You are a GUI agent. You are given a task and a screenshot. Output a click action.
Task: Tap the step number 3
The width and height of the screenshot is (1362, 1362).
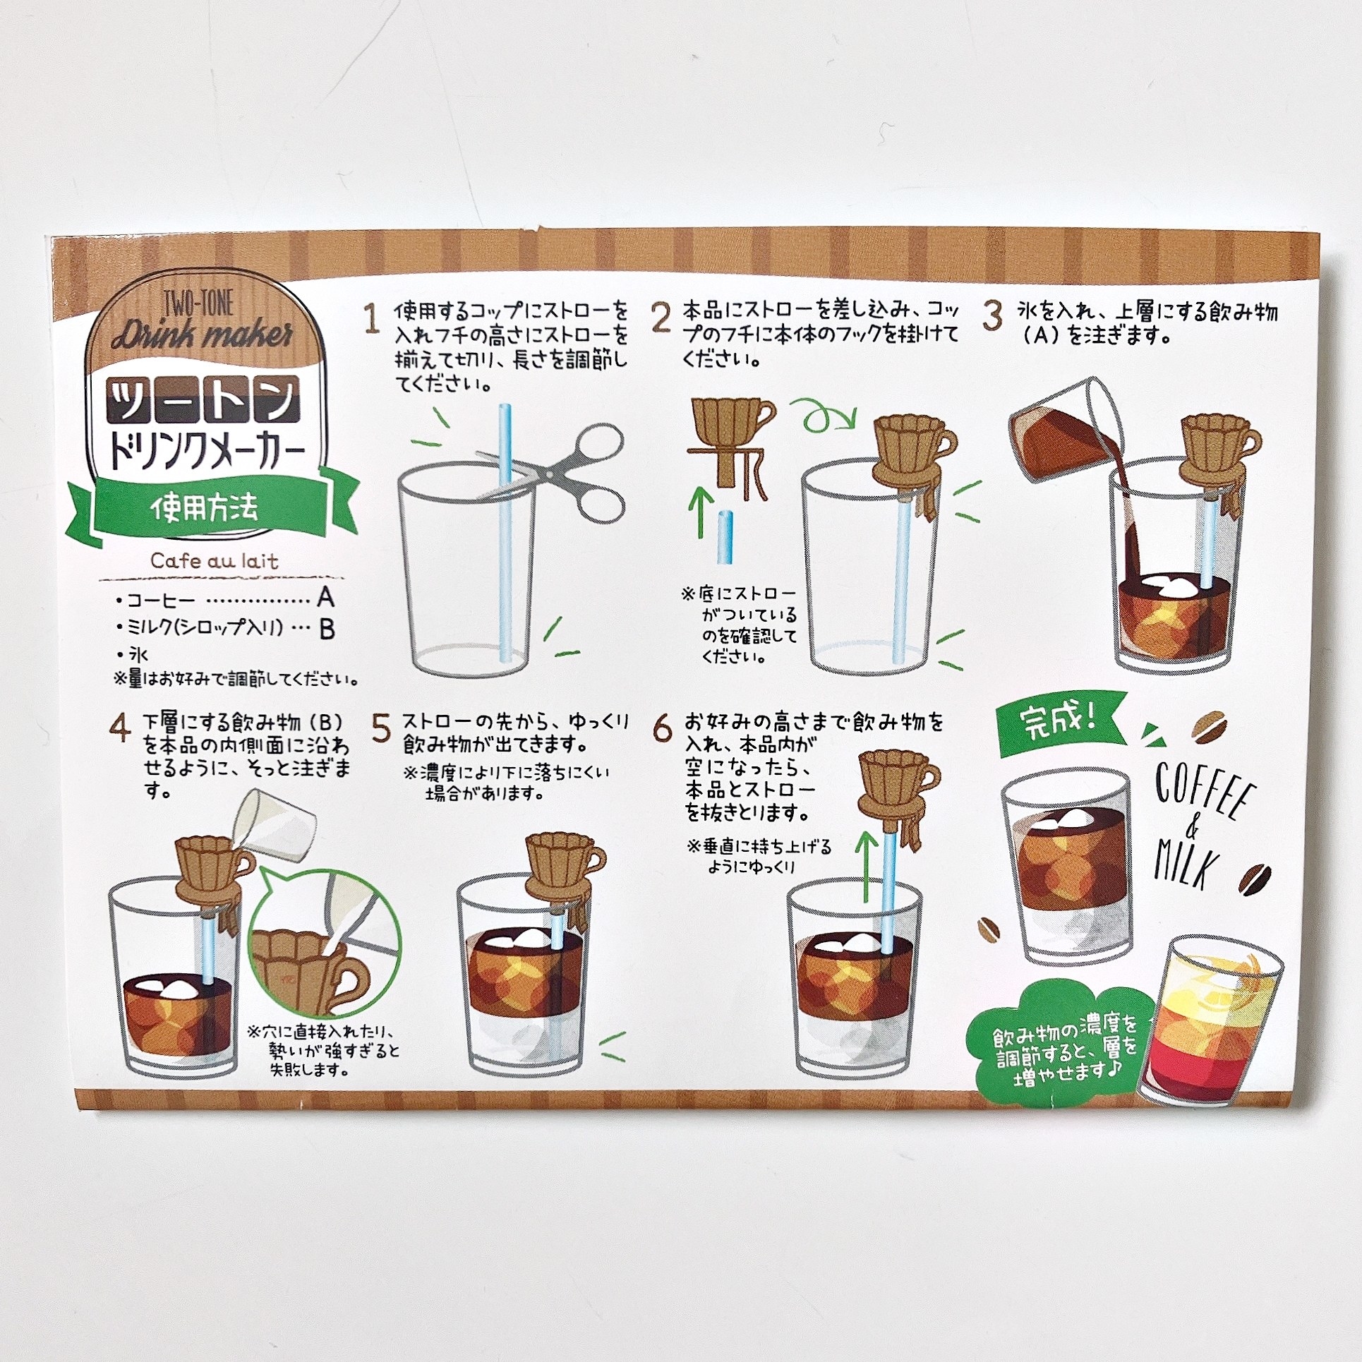(992, 316)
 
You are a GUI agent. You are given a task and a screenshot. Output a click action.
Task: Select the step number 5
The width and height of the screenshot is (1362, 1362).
(381, 729)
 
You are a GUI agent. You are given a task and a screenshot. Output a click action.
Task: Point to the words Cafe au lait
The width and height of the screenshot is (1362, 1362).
(215, 561)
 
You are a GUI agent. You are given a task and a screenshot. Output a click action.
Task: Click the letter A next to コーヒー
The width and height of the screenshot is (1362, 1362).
(325, 598)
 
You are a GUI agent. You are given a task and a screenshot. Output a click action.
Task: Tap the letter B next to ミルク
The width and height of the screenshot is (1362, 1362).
(326, 629)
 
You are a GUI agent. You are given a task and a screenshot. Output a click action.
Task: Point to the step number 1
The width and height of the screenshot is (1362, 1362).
(372, 318)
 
